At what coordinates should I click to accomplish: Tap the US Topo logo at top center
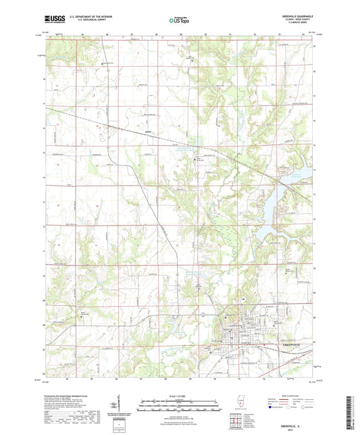click(178, 20)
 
